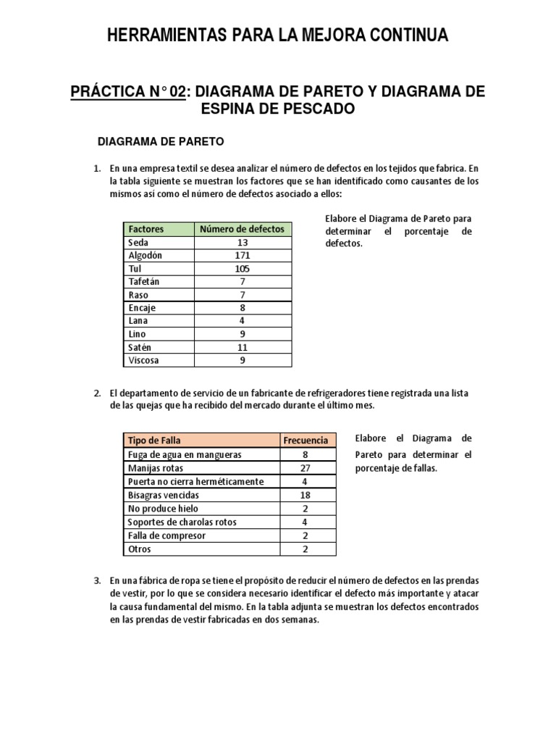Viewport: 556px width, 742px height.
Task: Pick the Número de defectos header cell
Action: [x=242, y=229]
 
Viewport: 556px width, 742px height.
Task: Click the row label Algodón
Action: [x=146, y=255]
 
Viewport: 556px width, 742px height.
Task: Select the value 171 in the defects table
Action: [x=242, y=255]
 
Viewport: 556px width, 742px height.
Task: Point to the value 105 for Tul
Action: [x=242, y=268]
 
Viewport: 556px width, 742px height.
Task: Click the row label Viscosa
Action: [x=144, y=360]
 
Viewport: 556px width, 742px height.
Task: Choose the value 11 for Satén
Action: [x=242, y=347]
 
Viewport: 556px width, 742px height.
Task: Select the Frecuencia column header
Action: [x=306, y=441]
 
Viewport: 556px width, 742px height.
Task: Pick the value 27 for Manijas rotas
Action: [x=306, y=468]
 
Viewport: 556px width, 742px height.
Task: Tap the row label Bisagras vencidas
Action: [x=163, y=495]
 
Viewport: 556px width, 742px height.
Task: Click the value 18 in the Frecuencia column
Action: [x=306, y=495]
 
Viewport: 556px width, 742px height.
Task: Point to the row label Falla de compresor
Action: [x=167, y=535]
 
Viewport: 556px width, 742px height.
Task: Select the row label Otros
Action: [x=139, y=549]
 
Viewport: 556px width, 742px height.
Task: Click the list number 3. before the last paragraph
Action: [x=96, y=581]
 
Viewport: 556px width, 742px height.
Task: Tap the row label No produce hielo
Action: [x=159, y=509]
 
